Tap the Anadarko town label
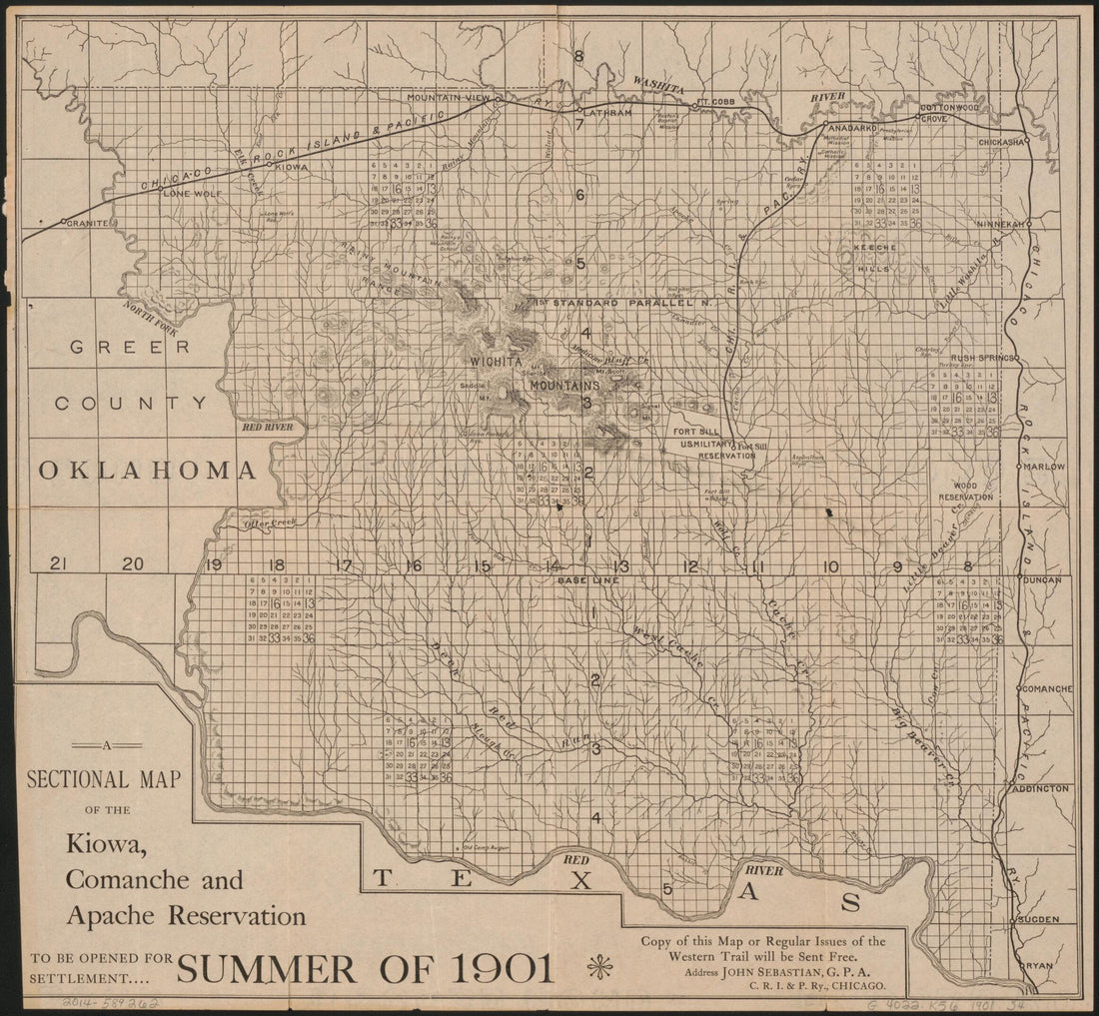[x=850, y=128]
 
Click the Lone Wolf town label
[x=190, y=192]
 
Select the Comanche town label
[x=1047, y=689]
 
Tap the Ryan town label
[x=1038, y=966]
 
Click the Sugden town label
[x=1041, y=918]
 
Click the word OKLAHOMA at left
[x=145, y=470]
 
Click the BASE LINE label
[x=588, y=580]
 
